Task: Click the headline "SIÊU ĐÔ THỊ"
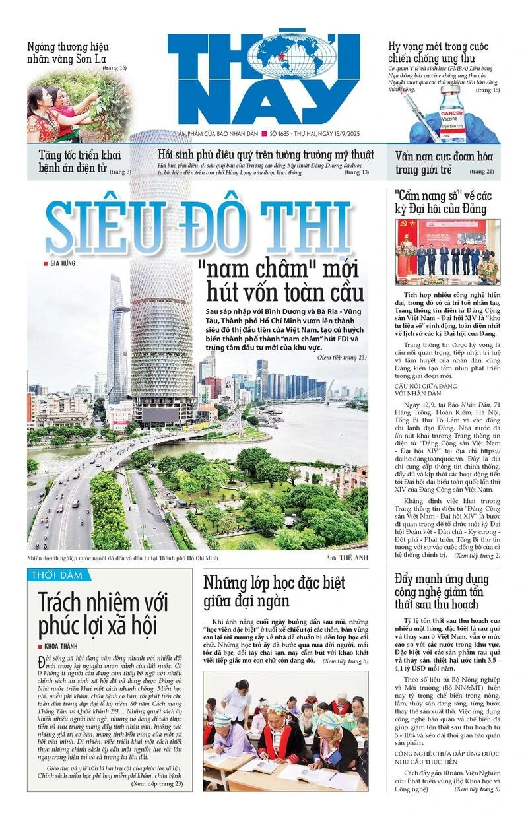point(198,228)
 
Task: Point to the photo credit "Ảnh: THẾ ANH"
point(345,558)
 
